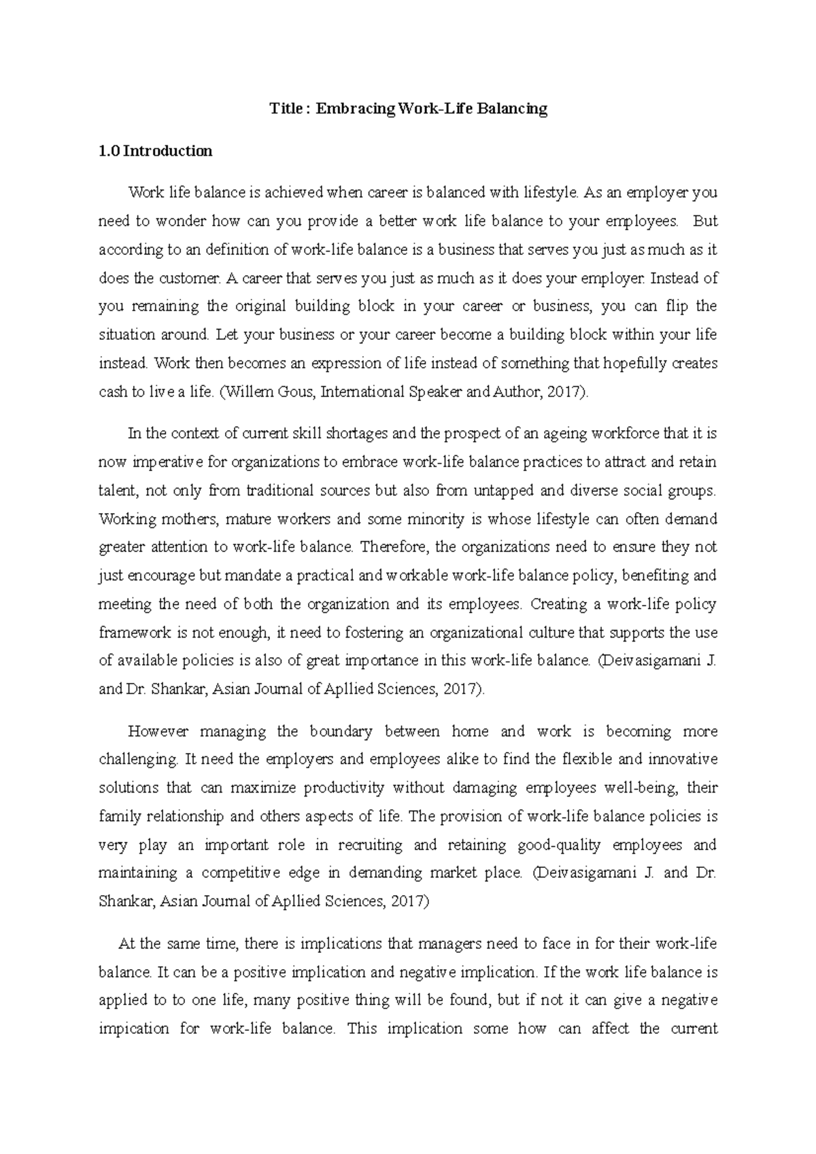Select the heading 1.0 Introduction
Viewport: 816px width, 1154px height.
155,151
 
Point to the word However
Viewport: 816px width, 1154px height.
157,732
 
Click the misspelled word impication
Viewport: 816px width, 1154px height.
133,1029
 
